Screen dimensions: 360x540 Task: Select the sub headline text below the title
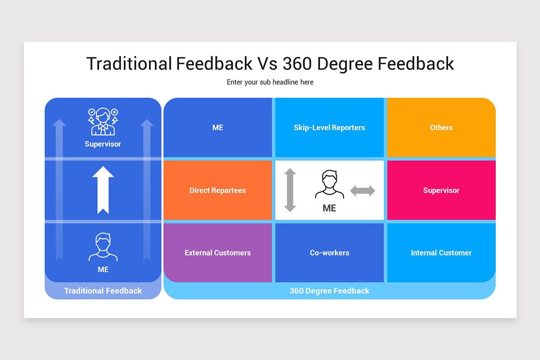pyautogui.click(x=270, y=82)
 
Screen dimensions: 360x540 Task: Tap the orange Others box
pyautogui.click(x=441, y=128)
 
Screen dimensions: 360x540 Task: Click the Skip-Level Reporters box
pyautogui.click(x=329, y=128)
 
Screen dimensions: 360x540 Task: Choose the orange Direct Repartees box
pyautogui.click(x=218, y=190)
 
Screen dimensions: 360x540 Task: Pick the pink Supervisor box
pyautogui.click(x=441, y=190)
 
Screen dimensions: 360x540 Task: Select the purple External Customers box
pyautogui.click(x=218, y=253)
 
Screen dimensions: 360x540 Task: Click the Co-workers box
pyautogui.click(x=329, y=253)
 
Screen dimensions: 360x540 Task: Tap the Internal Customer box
pyautogui.click(x=441, y=253)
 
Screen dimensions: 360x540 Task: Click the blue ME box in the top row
pyautogui.click(x=218, y=128)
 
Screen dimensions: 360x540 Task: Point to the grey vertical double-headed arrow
pyautogui.click(x=290, y=190)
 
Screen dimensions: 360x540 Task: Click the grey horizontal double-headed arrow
pyautogui.click(x=363, y=191)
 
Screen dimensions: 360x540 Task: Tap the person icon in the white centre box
pyautogui.click(x=329, y=184)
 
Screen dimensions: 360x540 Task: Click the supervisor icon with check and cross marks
pyautogui.click(x=103, y=121)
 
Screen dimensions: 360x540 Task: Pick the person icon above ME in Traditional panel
pyautogui.click(x=103, y=247)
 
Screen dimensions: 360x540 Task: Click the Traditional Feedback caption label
pyautogui.click(x=103, y=291)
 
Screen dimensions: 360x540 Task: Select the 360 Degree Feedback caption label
pyautogui.click(x=329, y=291)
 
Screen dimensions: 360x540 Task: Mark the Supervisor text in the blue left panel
pyautogui.click(x=103, y=144)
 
